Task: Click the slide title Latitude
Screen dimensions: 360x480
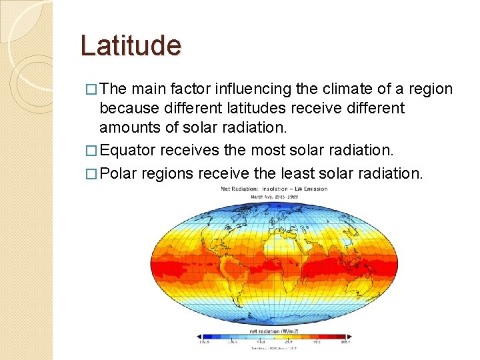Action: tap(131, 46)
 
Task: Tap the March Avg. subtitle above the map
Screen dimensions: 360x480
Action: tap(274, 197)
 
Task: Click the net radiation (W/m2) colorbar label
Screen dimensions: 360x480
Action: tap(273, 331)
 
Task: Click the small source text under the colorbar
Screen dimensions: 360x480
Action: tap(273, 348)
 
